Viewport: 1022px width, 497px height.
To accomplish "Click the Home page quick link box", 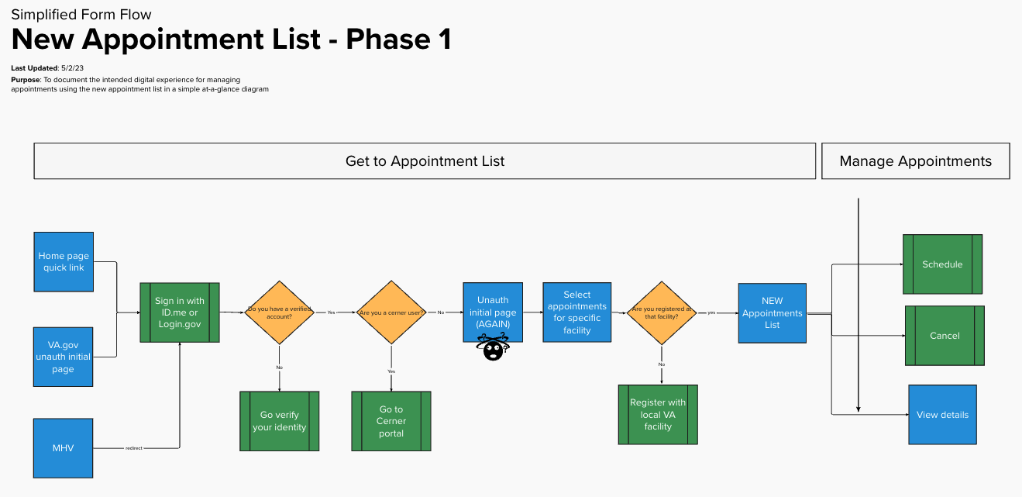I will pyautogui.click(x=64, y=261).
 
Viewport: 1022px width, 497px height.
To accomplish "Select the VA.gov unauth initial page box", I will pyautogui.click(x=64, y=357).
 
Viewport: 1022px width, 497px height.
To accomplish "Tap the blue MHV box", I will pyautogui.click(x=64, y=448).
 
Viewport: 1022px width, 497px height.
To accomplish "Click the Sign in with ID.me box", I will pyautogui.click(x=180, y=312).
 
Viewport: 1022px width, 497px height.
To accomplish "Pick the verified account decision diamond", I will pyautogui.click(x=279, y=312).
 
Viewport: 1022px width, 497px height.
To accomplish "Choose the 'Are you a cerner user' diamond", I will pyautogui.click(x=391, y=312).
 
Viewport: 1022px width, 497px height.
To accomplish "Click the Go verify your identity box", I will pyautogui.click(x=279, y=421).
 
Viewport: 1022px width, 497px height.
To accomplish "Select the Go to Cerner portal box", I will pyautogui.click(x=391, y=421).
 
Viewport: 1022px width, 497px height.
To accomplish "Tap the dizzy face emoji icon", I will pyautogui.click(x=493, y=348).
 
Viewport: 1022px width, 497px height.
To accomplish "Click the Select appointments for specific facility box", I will pyautogui.click(x=577, y=312).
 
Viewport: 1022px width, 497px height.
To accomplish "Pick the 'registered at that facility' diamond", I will pyautogui.click(x=661, y=312).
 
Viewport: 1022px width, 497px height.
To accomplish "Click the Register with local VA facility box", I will pyautogui.click(x=658, y=415).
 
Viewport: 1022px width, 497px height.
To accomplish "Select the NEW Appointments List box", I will pyautogui.click(x=772, y=312).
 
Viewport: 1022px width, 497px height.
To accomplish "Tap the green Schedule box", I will pyautogui.click(x=942, y=264).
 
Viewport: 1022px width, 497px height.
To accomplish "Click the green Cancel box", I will pyautogui.click(x=945, y=336).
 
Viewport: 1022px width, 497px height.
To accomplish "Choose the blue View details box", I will pyautogui.click(x=942, y=415).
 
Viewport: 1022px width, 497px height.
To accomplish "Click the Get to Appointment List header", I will pyautogui.click(x=425, y=161).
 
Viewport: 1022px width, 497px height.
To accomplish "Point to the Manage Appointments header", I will pyautogui.click(x=915, y=161).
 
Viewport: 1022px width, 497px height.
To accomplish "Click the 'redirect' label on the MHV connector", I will pyautogui.click(x=133, y=448).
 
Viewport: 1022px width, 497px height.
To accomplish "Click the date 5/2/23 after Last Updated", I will pyautogui.click(x=72, y=68).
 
